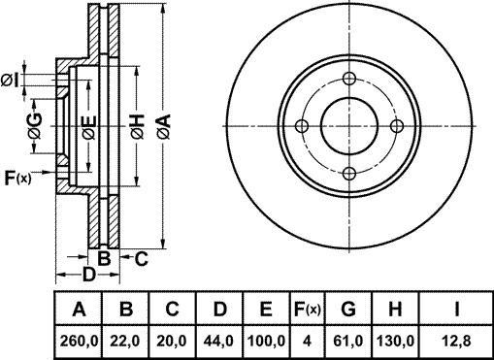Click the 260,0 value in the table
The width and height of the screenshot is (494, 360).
[79, 341]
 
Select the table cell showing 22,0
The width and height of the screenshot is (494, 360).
[125, 341]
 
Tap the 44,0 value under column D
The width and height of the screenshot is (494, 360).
[218, 341]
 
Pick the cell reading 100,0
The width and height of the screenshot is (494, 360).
[266, 341]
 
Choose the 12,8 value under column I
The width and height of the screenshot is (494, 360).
[456, 341]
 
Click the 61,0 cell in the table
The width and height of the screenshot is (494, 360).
[348, 341]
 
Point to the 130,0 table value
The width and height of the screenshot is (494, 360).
[395, 341]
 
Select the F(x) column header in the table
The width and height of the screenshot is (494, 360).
[307, 310]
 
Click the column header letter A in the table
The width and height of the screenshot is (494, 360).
[79, 310]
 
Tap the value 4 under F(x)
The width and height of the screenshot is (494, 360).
[307, 341]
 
